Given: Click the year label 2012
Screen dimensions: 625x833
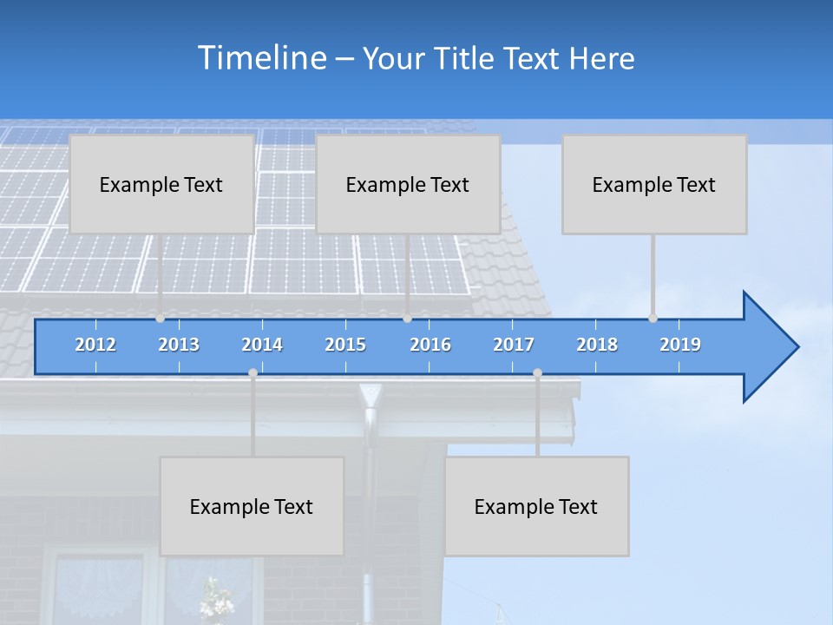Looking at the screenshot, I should (x=95, y=345).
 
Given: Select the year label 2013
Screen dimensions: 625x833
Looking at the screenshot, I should (x=179, y=345).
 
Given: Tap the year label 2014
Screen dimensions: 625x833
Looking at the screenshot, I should (x=262, y=345).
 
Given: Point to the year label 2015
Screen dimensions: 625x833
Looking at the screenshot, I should (x=345, y=345).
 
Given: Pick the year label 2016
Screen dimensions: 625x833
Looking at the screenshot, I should (x=430, y=345).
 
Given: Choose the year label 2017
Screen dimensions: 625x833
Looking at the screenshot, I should (x=514, y=345).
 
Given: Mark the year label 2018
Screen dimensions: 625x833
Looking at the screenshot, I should (x=597, y=345).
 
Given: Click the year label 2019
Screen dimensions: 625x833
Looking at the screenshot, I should (x=680, y=345).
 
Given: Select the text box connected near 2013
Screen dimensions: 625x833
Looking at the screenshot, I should (x=161, y=184).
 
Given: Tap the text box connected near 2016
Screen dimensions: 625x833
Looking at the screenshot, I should (x=408, y=184).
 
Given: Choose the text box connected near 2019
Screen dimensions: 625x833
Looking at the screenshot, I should (x=654, y=184).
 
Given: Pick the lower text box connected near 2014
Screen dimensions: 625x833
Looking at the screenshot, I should (x=252, y=506).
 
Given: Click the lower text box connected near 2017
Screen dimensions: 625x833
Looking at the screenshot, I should (x=536, y=506).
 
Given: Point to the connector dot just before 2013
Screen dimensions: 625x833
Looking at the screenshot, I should (x=161, y=319).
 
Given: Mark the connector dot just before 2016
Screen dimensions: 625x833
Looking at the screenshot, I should (x=407, y=319).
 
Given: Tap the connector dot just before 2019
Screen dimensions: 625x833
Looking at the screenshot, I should (x=653, y=319).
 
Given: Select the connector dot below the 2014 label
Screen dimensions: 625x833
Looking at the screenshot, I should (x=253, y=373).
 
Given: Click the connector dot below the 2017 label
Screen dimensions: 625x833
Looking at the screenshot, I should (x=537, y=373).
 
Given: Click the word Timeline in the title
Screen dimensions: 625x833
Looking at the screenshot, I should (x=261, y=58).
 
